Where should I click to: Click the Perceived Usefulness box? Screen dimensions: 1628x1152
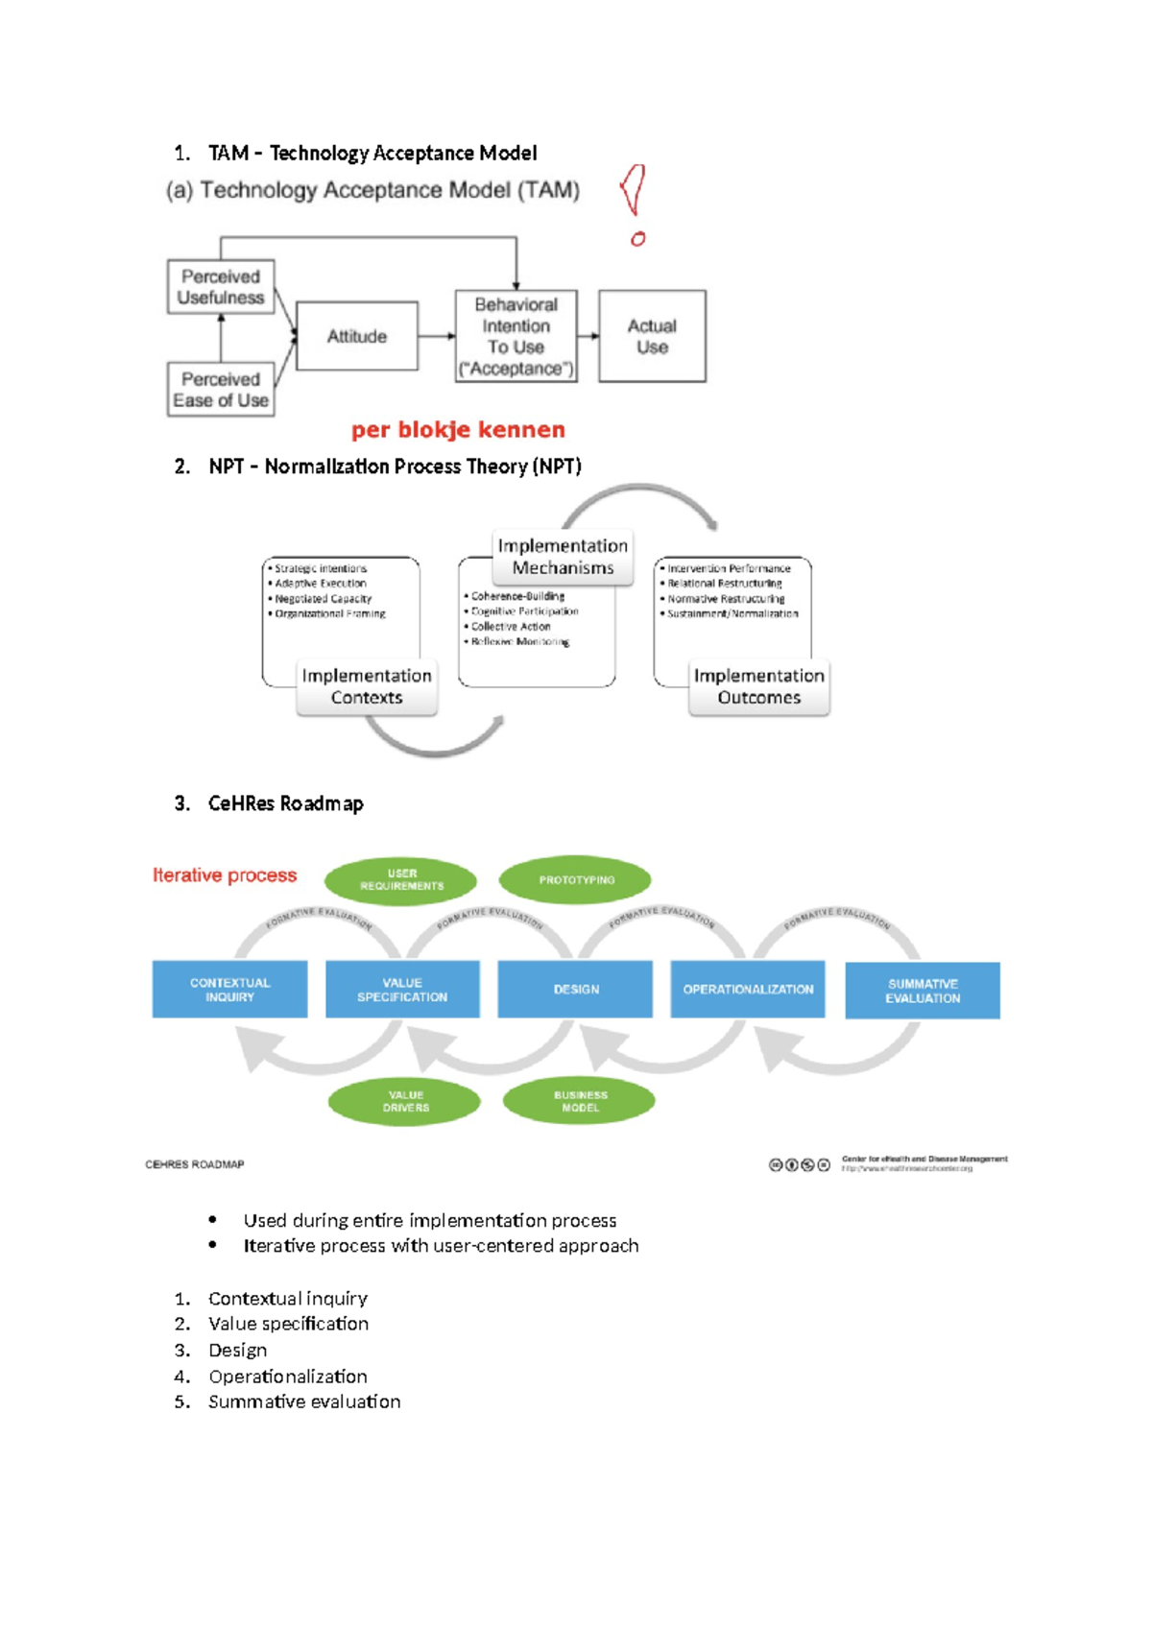[x=221, y=287]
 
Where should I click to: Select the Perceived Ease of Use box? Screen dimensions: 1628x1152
[x=221, y=390]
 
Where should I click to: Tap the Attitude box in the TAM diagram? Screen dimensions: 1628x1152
[x=357, y=337]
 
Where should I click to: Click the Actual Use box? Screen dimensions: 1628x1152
[x=652, y=337]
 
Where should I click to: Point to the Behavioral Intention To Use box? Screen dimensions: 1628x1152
[x=516, y=337]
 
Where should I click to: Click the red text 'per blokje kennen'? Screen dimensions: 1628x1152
[x=458, y=430]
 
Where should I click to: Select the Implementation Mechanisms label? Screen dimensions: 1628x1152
[x=563, y=557]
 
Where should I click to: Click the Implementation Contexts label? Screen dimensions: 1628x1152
[x=367, y=687]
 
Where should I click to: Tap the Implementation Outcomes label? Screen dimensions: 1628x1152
[x=758, y=687]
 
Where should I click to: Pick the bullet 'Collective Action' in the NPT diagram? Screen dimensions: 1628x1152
[x=510, y=626]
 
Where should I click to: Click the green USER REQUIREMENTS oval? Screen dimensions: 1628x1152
[x=401, y=880]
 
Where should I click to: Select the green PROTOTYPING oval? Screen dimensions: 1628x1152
[x=576, y=880]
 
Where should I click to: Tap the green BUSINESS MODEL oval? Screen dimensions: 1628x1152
[x=580, y=1101]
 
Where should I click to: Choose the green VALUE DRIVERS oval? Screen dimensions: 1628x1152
[x=405, y=1101]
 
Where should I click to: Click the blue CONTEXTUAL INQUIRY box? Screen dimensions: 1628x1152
[x=229, y=990]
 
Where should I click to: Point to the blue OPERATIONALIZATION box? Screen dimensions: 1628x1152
[x=748, y=990]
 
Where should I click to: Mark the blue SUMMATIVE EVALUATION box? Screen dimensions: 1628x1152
[x=922, y=991]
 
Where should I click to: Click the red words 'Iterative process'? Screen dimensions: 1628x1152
[x=225, y=875]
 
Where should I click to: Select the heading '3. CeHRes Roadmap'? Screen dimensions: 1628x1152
[x=270, y=803]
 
